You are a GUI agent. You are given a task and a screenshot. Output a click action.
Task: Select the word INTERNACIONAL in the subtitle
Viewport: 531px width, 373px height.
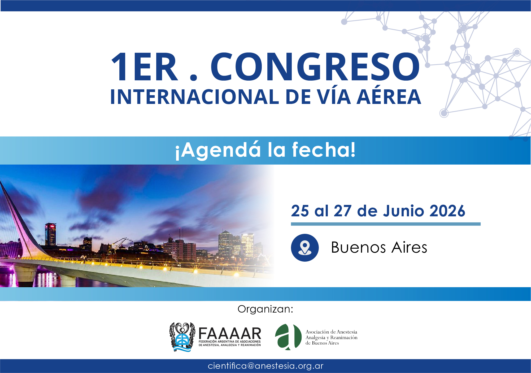pyautogui.click(x=194, y=97)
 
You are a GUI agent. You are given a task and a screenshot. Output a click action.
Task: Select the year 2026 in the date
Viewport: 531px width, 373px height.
pyautogui.click(x=447, y=211)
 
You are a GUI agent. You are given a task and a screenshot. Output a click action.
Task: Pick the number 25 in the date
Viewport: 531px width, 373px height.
pyautogui.click(x=300, y=211)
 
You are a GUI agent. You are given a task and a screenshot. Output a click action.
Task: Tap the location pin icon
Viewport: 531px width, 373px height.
pyautogui.click(x=305, y=248)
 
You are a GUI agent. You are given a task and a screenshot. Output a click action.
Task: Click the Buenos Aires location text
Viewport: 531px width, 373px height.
pyautogui.click(x=379, y=247)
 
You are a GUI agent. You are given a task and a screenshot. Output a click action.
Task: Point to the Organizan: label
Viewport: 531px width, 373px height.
pyautogui.click(x=265, y=309)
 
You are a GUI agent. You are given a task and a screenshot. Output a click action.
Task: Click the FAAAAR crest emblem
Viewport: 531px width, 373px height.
pyautogui.click(x=182, y=337)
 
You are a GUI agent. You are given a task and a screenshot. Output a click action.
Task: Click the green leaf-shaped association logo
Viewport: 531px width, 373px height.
pyautogui.click(x=288, y=337)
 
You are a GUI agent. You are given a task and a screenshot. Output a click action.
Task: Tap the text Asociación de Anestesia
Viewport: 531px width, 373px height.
pyautogui.click(x=331, y=332)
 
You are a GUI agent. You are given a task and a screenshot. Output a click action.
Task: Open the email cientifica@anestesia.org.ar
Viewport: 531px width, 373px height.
pyautogui.click(x=265, y=366)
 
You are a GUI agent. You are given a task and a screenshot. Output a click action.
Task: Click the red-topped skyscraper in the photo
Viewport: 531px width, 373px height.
pyautogui.click(x=50, y=235)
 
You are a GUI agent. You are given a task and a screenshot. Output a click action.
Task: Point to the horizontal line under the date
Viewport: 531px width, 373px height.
pyautogui.click(x=386, y=224)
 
